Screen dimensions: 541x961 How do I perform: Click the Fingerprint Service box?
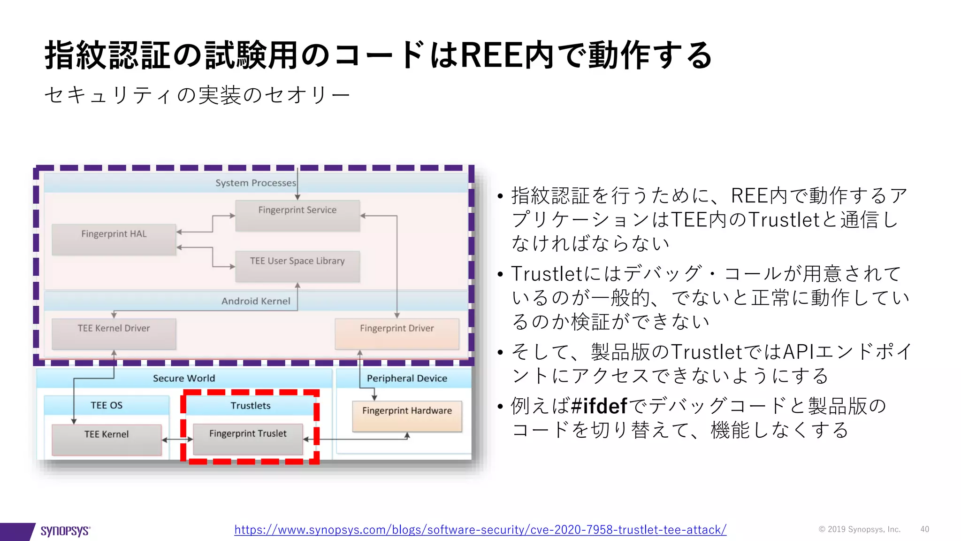pyautogui.click(x=297, y=216)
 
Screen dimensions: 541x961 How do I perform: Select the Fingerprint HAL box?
pyautogui.click(x=114, y=240)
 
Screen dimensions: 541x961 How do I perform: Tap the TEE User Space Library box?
pyautogui.click(x=297, y=266)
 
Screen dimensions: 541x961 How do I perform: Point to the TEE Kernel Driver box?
pyautogui.click(x=114, y=334)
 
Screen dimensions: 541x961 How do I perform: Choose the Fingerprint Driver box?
pyautogui.click(x=397, y=334)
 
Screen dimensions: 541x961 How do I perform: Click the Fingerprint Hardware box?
pyautogui.click(x=407, y=416)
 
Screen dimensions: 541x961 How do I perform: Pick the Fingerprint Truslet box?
pyautogui.click(x=248, y=439)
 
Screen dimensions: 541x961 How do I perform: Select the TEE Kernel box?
pyautogui.click(x=107, y=440)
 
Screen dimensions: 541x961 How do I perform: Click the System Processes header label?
pyautogui.click(x=255, y=183)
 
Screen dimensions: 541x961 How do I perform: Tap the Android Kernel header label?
pyautogui.click(x=256, y=301)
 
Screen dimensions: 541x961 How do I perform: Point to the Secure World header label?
pyautogui.click(x=184, y=378)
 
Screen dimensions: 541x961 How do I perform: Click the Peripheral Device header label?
pyautogui.click(x=407, y=378)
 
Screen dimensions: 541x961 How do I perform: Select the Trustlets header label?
pyautogui.click(x=251, y=405)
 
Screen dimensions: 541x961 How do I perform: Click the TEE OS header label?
pyautogui.click(x=107, y=405)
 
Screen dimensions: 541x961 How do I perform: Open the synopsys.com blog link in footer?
pyautogui.click(x=480, y=530)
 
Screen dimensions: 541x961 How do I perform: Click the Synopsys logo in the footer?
pyautogui.click(x=65, y=531)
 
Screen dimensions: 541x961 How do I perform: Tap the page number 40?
pyautogui.click(x=924, y=529)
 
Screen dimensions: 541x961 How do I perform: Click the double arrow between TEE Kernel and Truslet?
pyautogui.click(x=177, y=440)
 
